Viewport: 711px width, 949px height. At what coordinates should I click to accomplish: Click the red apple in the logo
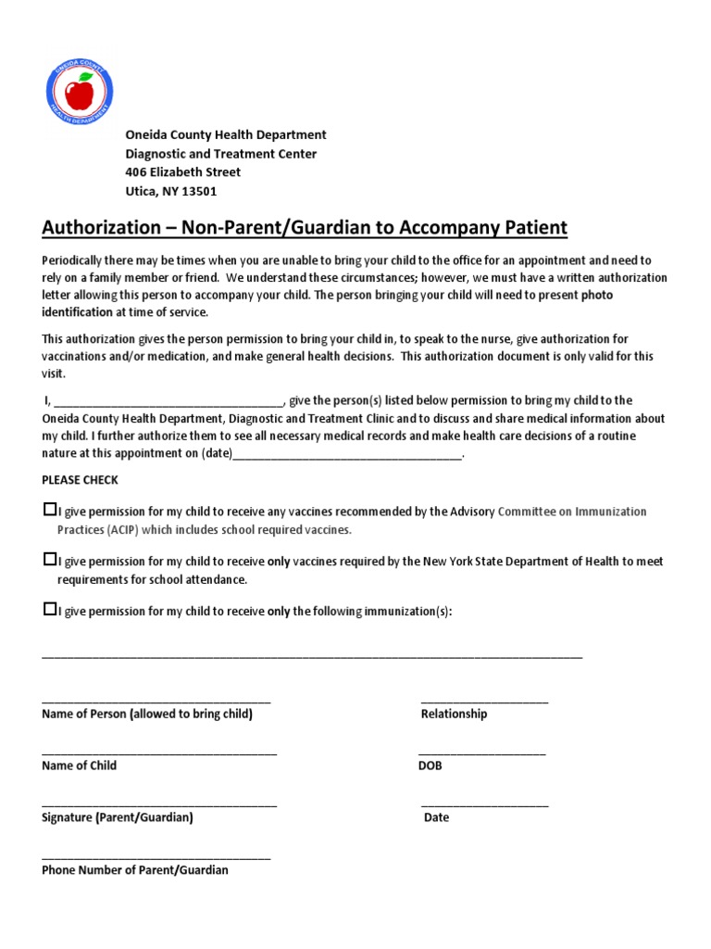click(x=79, y=93)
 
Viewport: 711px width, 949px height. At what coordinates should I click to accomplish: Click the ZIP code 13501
click(x=196, y=191)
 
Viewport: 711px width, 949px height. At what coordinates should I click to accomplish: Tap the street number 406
click(x=136, y=172)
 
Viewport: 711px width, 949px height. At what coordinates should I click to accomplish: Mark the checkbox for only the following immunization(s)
click(x=49, y=610)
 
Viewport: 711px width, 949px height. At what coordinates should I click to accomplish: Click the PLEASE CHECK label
click(x=80, y=480)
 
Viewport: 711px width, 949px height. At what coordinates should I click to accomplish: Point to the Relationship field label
click(x=454, y=715)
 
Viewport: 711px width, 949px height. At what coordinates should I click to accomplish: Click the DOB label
click(x=430, y=766)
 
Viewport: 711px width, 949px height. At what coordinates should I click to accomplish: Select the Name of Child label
click(x=80, y=766)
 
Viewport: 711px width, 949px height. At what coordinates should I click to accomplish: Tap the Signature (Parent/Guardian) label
click(x=118, y=818)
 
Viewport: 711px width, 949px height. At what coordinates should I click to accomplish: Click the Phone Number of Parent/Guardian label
click(x=135, y=870)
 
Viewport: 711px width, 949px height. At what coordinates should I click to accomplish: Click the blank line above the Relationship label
click(x=484, y=702)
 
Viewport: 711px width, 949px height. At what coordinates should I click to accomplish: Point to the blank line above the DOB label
click(x=481, y=753)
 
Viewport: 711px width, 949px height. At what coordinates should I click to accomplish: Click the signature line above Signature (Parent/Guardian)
click(x=159, y=805)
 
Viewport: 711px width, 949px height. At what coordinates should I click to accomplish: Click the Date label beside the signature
click(x=436, y=818)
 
